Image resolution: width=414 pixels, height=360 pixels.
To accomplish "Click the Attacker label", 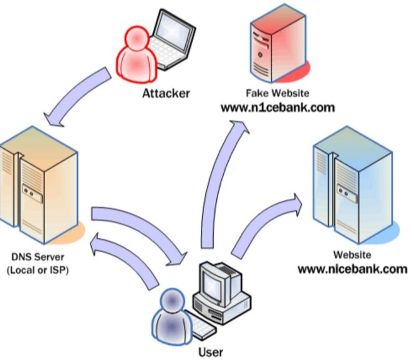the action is click(166, 94).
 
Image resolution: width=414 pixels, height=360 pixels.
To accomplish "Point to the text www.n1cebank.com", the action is click(277, 108).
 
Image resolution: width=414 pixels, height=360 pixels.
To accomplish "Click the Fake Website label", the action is click(277, 93).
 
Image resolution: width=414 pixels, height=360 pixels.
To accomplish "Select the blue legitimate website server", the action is click(355, 185).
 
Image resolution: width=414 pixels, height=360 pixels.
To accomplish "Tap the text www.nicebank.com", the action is click(352, 269).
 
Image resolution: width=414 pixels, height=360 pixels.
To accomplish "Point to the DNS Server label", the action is click(38, 256).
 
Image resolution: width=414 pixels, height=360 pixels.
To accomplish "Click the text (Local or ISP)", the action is click(37, 270).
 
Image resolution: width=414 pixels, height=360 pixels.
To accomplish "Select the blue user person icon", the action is click(172, 316).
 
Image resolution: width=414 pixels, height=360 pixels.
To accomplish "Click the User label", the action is click(211, 353).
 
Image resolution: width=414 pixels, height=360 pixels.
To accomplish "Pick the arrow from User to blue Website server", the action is click(261, 225).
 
